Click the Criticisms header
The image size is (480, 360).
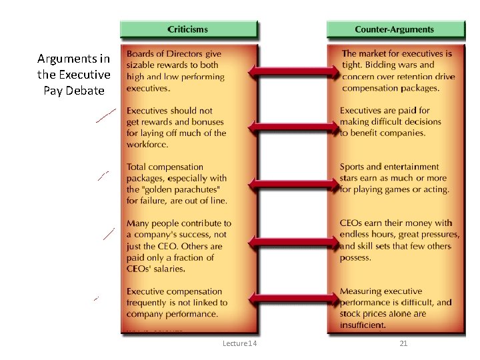pyautogui.click(x=187, y=29)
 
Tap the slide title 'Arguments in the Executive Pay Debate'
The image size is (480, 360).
pyautogui.click(x=73, y=75)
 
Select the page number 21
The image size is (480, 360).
pyautogui.click(x=403, y=343)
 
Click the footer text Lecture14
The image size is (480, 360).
pyautogui.click(x=240, y=343)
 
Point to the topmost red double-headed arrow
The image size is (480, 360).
pyautogui.click(x=294, y=71)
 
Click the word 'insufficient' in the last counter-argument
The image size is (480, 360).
pyautogui.click(x=363, y=325)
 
